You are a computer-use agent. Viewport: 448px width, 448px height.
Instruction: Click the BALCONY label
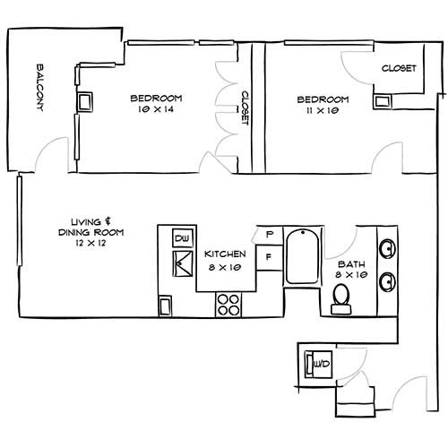tap(40, 87)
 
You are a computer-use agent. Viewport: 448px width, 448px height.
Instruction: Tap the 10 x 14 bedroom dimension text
tap(156, 109)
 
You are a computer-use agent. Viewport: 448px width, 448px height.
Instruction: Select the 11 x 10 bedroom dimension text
tap(323, 110)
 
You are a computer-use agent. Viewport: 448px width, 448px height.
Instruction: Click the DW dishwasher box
tap(183, 238)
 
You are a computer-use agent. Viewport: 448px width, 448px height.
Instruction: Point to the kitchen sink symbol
tap(183, 263)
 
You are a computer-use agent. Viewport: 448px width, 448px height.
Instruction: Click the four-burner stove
tap(228, 305)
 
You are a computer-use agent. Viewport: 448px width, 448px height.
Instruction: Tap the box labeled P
tap(270, 235)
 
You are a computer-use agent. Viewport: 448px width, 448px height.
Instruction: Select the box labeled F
tap(269, 257)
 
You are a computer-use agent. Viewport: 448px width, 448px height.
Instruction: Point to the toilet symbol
tap(341, 299)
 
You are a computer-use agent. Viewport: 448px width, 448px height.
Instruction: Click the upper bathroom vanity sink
tap(387, 248)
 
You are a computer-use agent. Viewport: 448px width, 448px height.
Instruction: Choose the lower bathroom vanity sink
tap(387, 281)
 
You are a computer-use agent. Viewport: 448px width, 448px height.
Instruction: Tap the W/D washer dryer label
tap(322, 364)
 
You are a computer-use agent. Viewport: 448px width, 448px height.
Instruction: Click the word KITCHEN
tap(225, 254)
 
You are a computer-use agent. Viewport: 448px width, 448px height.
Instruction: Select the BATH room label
tap(351, 264)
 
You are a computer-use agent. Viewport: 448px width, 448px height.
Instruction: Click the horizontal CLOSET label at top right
tap(399, 68)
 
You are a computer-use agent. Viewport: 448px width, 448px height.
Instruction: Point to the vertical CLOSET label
tap(245, 108)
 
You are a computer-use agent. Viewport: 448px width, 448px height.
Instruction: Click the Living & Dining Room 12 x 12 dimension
tap(90, 243)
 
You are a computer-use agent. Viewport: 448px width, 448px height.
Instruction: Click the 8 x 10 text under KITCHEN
tap(225, 267)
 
